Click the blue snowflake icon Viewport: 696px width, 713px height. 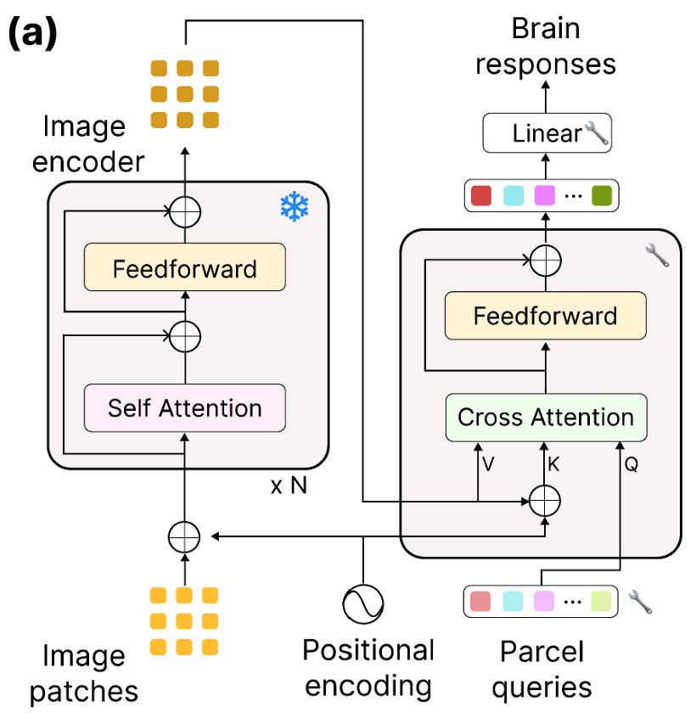click(x=294, y=206)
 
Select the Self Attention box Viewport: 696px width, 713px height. click(x=184, y=408)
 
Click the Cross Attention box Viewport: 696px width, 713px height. click(x=546, y=418)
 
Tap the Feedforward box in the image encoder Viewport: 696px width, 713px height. click(x=184, y=270)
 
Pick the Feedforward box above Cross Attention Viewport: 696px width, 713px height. click(x=546, y=317)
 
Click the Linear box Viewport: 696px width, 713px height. click(x=547, y=133)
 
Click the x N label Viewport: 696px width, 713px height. click(x=289, y=486)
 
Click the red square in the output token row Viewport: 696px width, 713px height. click(x=480, y=195)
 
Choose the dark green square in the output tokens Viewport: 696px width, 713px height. click(x=602, y=195)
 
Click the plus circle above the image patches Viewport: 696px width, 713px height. click(x=184, y=536)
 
